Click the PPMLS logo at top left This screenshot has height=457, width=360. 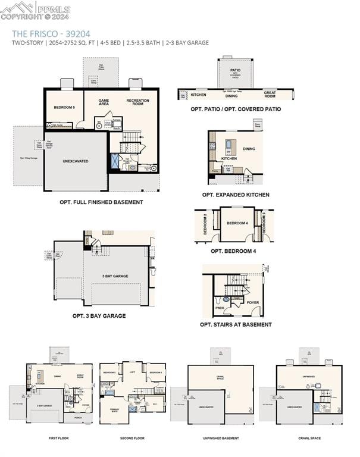coord(36,10)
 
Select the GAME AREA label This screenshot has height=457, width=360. coord(104,102)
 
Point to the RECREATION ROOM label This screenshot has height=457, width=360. coord(137,102)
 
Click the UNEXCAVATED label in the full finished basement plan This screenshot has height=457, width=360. coord(76,161)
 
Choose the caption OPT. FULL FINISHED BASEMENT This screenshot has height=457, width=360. coord(101,202)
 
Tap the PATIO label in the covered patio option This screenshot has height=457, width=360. coord(236,70)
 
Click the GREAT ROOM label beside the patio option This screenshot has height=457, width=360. coord(270,94)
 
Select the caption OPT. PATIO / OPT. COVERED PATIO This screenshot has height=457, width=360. coord(236,109)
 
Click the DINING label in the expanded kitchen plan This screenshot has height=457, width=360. coord(249,149)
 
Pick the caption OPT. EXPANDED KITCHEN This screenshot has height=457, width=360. coord(236,195)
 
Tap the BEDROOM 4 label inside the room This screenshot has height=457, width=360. coord(237,223)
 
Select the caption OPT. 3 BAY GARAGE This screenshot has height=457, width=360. coord(99,316)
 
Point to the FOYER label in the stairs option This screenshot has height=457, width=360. coord(253,302)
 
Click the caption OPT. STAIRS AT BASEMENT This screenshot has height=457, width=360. coord(236,324)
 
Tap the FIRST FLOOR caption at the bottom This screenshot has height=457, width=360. coord(59,438)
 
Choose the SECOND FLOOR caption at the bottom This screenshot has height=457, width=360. coord(132,438)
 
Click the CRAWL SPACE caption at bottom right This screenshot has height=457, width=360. coord(310,438)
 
